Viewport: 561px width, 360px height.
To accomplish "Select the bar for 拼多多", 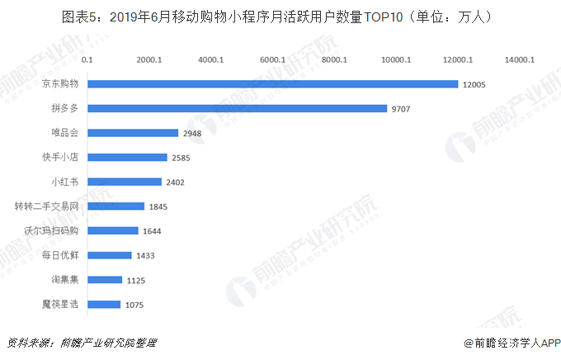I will [x=237, y=108].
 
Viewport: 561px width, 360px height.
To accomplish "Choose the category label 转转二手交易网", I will [x=46, y=206].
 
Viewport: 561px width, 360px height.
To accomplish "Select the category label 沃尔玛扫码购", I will [x=50, y=230].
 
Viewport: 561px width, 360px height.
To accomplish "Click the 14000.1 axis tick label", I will [x=521, y=59].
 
